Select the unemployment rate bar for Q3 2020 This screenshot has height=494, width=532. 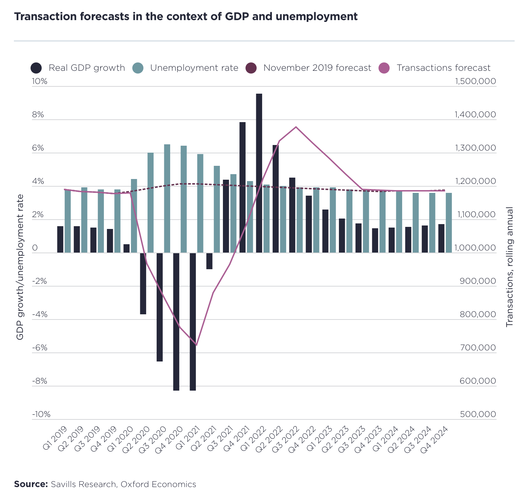167,198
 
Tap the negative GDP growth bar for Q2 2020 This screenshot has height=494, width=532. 143,283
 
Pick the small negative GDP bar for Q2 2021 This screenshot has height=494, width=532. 209,261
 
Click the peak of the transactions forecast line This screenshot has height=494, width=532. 296,127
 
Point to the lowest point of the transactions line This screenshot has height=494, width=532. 196,345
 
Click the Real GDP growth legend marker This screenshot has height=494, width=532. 36,68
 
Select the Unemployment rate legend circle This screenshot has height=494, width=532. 138,68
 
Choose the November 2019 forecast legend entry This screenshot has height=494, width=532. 317,68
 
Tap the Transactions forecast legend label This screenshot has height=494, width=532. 443,68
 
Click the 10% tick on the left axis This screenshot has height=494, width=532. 40,82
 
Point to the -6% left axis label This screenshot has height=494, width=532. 40,348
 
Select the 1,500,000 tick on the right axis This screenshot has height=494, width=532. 475,82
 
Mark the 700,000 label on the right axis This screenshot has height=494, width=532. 478,348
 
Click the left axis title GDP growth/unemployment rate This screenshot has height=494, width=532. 20,267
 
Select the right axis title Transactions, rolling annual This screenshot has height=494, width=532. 509,267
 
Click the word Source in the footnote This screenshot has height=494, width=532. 31,484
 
